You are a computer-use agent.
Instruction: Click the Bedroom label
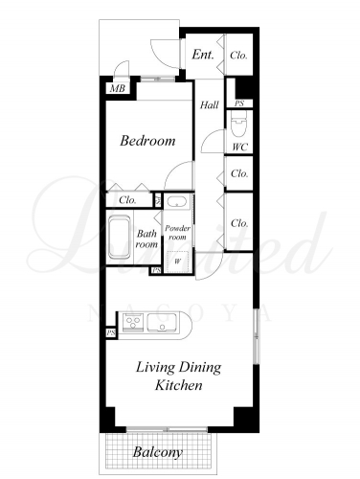pyautogui.click(x=147, y=141)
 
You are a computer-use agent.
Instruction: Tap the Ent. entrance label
pyautogui.click(x=203, y=55)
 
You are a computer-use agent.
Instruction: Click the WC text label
pyautogui.click(x=239, y=147)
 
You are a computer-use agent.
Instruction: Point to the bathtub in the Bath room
pyautogui.click(x=120, y=238)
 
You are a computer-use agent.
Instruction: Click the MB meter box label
pyautogui.click(x=118, y=88)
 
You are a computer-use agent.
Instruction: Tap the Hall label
pyautogui.click(x=210, y=104)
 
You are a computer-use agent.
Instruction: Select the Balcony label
pyautogui.click(x=158, y=452)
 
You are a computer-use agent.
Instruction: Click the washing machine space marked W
pyautogui.click(x=177, y=262)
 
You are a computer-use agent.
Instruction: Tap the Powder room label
pyautogui.click(x=177, y=233)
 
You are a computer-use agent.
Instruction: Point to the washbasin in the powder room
pyautogui.click(x=176, y=202)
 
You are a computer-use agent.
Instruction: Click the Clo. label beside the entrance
pyautogui.click(x=238, y=56)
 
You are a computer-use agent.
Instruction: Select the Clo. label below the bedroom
pyautogui.click(x=127, y=200)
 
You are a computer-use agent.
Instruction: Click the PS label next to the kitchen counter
pyautogui.click(x=111, y=333)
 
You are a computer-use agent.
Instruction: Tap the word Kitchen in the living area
pyautogui.click(x=179, y=385)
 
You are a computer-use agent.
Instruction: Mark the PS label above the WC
pyautogui.click(x=239, y=103)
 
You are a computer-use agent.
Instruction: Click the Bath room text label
pyautogui.click(x=146, y=239)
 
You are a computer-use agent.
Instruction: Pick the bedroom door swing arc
pyautogui.click(x=175, y=168)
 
